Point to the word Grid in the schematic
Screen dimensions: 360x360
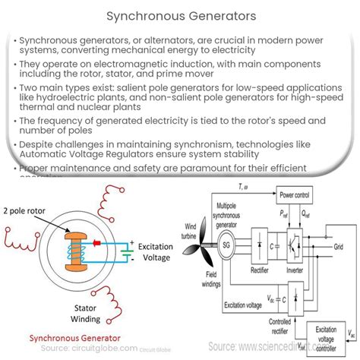tap(339, 246)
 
